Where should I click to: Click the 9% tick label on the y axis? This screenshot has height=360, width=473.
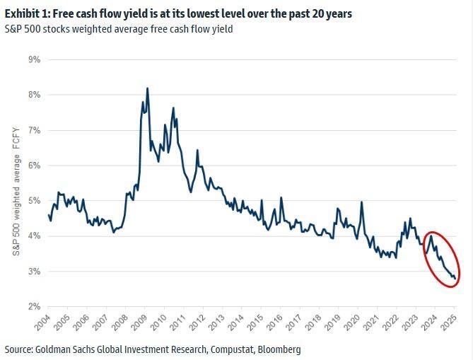click(x=33, y=59)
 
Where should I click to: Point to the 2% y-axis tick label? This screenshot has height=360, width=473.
click(x=33, y=307)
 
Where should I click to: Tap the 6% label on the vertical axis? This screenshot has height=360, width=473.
click(x=33, y=166)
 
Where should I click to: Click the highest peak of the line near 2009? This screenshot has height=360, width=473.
click(x=147, y=88)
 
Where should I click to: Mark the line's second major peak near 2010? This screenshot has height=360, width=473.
click(x=173, y=108)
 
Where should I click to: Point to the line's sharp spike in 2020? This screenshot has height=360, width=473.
click(x=362, y=202)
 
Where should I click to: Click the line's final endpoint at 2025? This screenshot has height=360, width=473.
click(x=454, y=279)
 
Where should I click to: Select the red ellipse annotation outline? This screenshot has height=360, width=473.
click(x=426, y=244)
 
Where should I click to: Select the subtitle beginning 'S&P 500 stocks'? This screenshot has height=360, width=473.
click(x=119, y=29)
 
